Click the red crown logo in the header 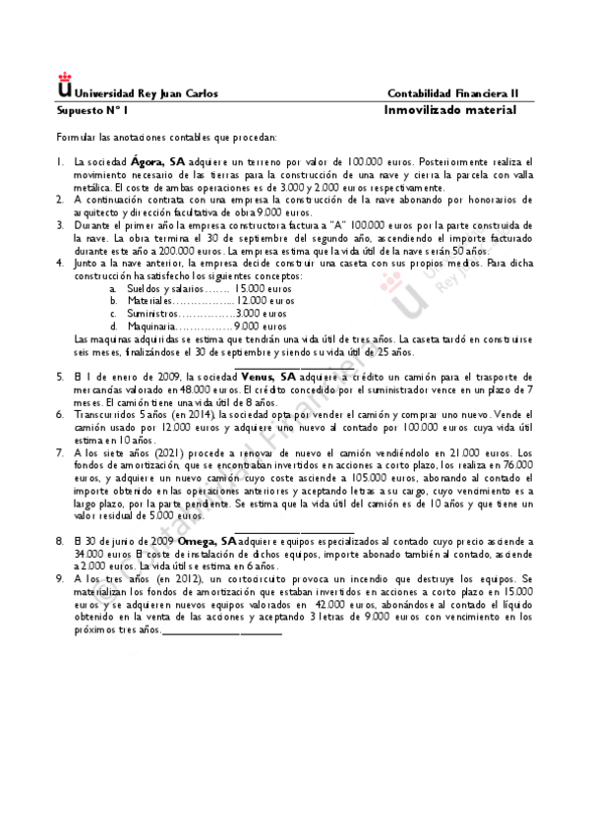coord(66,80)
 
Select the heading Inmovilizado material coord(449,110)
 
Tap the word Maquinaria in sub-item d coord(151,326)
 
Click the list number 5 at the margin coord(60,378)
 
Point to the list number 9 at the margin coord(60,579)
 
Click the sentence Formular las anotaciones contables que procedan coord(166,138)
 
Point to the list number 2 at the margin coord(60,199)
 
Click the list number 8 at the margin coord(60,541)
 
